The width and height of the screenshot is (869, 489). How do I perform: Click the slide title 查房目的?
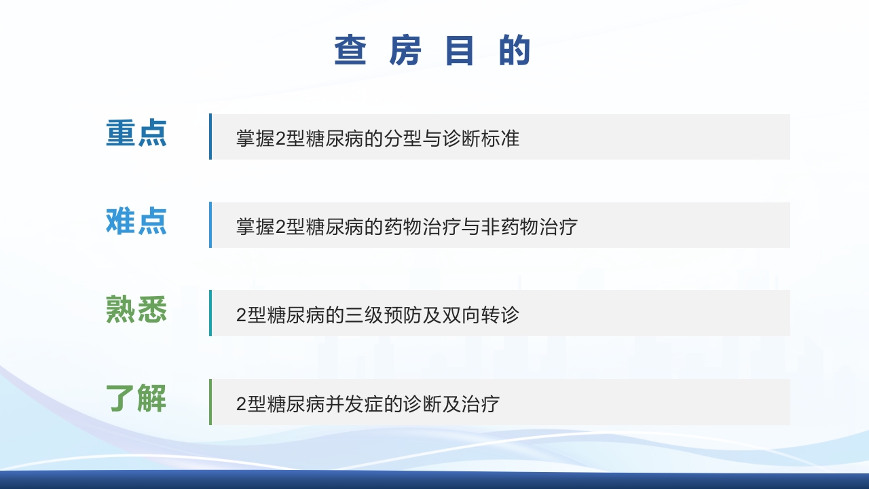point(432,51)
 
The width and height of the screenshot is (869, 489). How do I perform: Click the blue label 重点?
point(136,133)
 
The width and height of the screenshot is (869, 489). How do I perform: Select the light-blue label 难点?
point(136,221)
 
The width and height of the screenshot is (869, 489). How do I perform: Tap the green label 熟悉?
point(136,310)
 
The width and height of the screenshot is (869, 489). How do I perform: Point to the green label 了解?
point(136,398)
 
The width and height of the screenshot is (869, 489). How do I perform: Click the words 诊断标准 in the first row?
point(484,138)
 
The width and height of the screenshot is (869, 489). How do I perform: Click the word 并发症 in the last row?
point(350,404)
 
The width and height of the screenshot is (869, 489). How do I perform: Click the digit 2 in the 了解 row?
point(241,405)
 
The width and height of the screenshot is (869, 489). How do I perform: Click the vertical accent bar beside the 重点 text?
point(210,137)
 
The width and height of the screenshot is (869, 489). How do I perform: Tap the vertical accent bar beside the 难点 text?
point(210,225)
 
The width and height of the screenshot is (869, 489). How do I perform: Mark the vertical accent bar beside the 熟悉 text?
point(210,313)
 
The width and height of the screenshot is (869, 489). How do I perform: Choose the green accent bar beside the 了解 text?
point(210,402)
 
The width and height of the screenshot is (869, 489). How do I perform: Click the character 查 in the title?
point(350,51)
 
